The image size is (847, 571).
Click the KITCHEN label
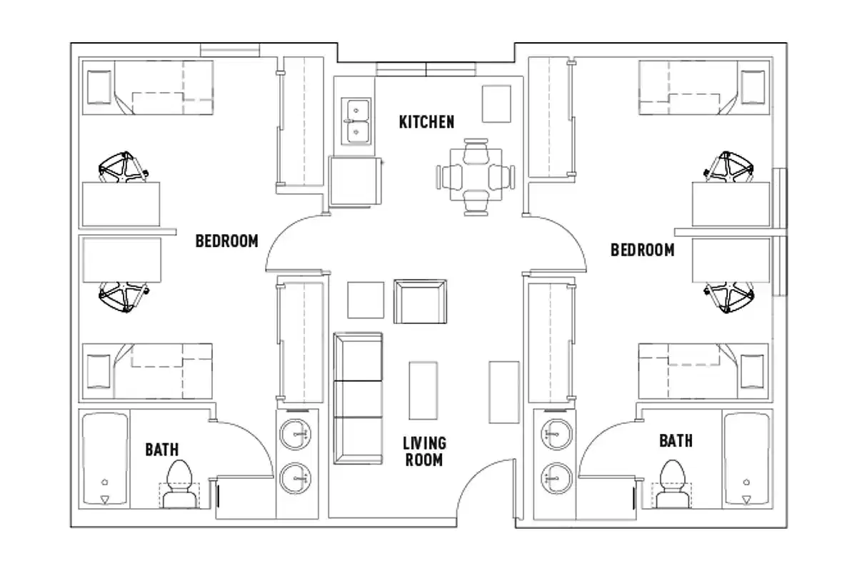426,122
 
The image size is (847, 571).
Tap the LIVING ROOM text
423,452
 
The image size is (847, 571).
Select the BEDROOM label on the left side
226,241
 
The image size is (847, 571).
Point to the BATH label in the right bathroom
675,441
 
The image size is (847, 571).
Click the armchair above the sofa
420,300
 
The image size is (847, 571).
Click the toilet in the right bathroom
672,482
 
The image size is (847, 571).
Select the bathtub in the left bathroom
105,458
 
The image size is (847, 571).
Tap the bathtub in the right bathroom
746,458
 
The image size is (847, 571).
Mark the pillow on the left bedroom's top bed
99,87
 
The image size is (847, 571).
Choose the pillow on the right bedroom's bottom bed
753,370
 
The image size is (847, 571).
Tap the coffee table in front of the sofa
423,390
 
